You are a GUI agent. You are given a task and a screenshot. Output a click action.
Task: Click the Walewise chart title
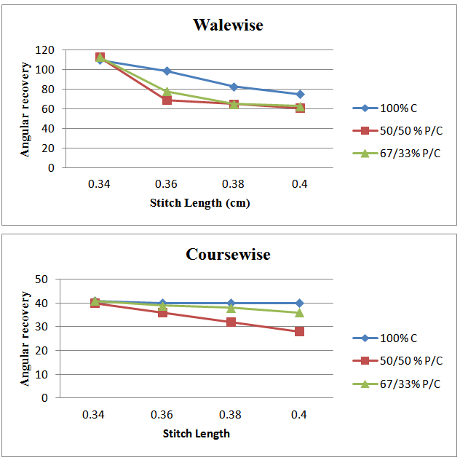(228, 25)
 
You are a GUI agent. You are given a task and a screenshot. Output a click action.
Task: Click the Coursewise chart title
(228, 255)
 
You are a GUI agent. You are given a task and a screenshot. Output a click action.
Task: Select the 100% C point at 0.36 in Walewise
(167, 71)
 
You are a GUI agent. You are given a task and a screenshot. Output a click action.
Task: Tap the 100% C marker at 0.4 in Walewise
(300, 94)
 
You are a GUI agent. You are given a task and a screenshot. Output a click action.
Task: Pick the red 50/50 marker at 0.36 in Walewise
(167, 100)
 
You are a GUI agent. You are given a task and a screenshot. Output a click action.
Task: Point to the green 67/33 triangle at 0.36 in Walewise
(167, 92)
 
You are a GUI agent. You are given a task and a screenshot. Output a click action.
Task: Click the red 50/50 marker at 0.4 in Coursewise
(300, 331)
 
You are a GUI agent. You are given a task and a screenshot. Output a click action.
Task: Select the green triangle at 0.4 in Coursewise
(300, 312)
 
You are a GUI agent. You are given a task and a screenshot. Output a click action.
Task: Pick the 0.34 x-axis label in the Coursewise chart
(93, 414)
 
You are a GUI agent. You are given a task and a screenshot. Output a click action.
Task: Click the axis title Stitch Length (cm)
(199, 203)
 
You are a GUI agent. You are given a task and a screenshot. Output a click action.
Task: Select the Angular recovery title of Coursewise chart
(25, 338)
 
